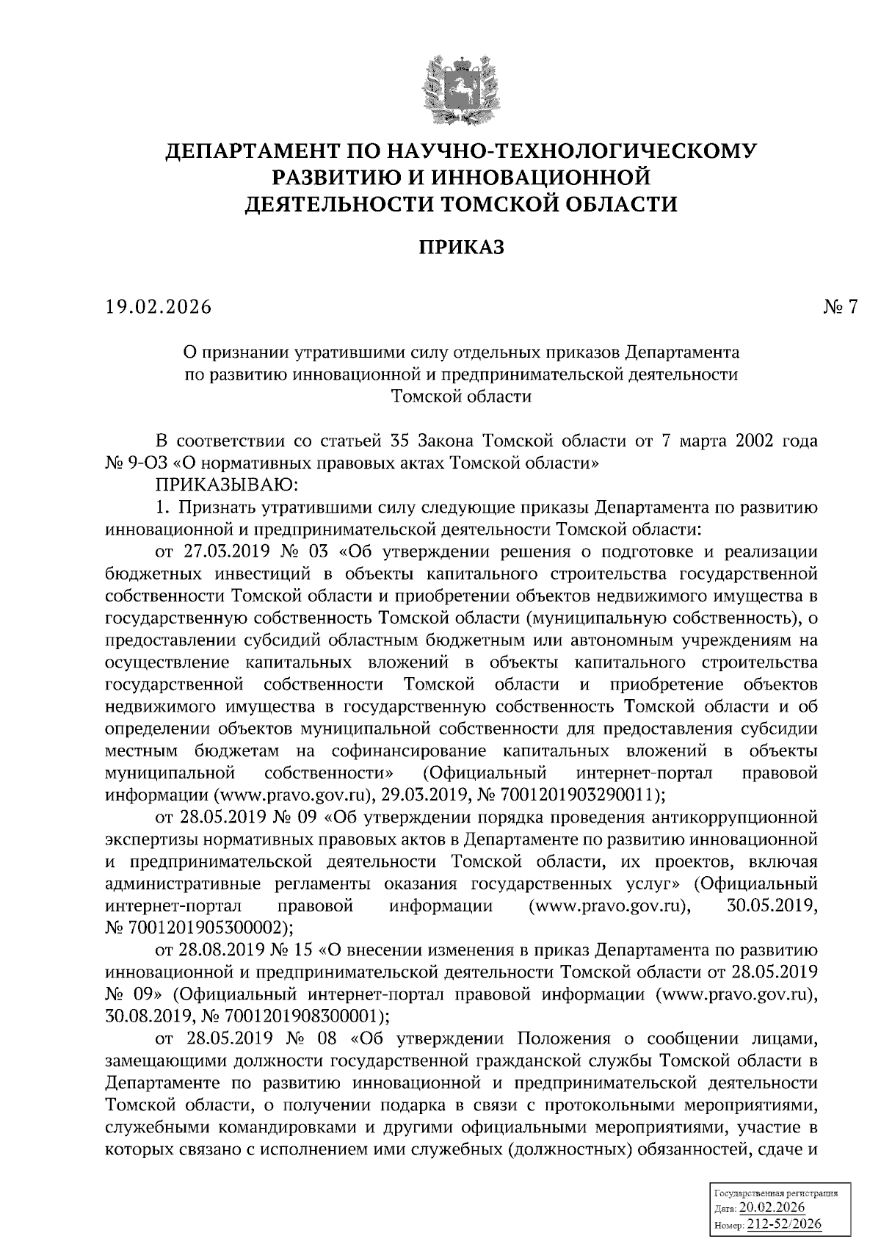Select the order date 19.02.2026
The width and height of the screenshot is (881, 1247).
coord(158,307)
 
